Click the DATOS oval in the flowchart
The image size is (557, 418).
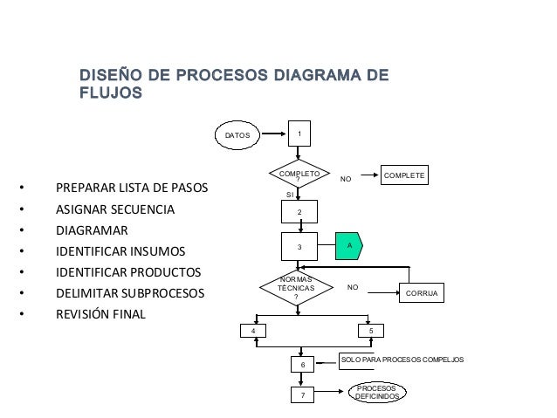[238, 135]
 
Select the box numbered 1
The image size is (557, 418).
[299, 134]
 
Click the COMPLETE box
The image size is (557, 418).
[404, 176]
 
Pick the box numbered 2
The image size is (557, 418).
[299, 212]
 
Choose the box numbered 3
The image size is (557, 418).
[299, 247]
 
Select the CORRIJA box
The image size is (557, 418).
[422, 294]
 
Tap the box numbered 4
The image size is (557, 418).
[253, 332]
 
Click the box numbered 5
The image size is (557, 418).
[371, 332]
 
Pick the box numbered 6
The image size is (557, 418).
[301, 364]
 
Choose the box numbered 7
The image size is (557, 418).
[301, 395]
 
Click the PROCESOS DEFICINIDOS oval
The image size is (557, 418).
[376, 392]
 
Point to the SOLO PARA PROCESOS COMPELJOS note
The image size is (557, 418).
[402, 360]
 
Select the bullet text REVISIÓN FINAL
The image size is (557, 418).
[100, 313]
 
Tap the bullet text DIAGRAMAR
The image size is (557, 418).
[92, 231]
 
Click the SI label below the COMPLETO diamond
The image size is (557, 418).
[291, 195]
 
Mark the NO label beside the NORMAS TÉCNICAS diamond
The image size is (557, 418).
[353, 286]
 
